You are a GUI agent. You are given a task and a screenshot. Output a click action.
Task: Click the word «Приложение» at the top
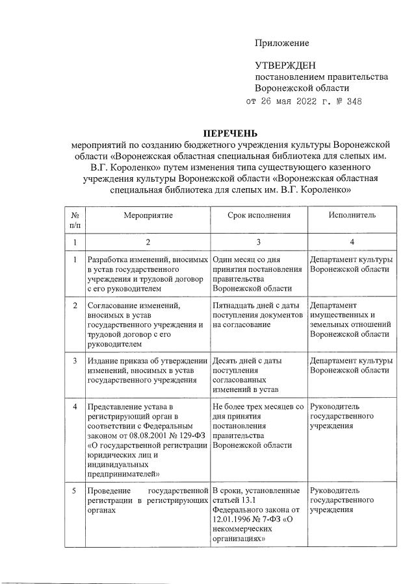[x=281, y=43]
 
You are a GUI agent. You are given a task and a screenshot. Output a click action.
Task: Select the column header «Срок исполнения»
[x=259, y=215]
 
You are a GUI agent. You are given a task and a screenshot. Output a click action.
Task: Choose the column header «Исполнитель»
[x=352, y=215]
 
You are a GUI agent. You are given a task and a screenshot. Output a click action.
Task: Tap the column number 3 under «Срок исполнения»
[x=259, y=242]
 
